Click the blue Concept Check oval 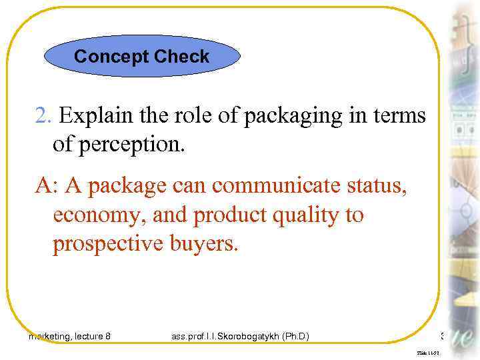(x=141, y=57)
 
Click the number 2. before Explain (x=44, y=116)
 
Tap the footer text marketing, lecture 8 (x=70, y=337)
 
